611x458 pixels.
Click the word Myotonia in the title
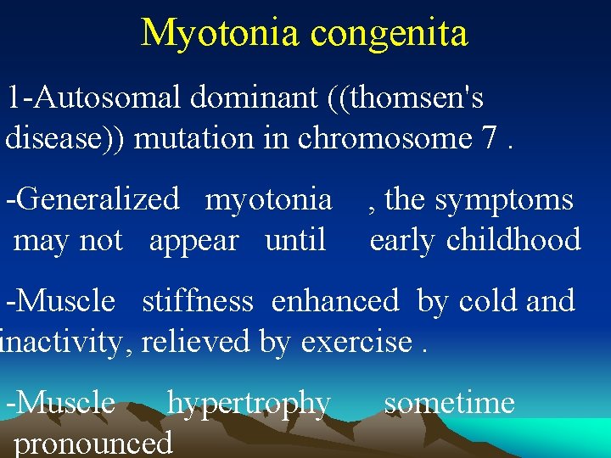(x=221, y=34)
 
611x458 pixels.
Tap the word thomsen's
(x=416, y=98)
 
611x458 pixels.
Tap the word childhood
(x=513, y=240)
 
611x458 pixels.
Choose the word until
(x=295, y=240)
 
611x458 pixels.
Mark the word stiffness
(x=197, y=301)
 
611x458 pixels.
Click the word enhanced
(x=335, y=301)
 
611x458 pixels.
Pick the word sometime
(x=449, y=403)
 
